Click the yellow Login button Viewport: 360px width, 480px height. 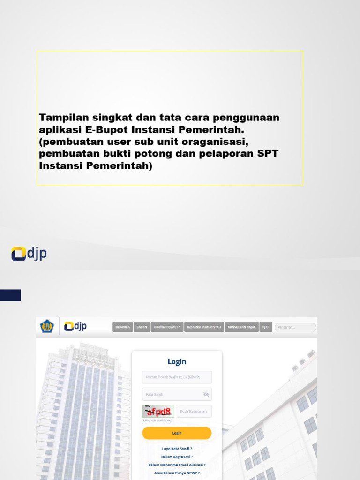click(177, 433)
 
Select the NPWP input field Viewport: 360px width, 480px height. click(177, 377)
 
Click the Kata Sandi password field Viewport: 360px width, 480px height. click(171, 394)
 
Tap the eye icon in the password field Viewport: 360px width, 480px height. click(206, 394)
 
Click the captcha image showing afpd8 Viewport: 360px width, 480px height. click(158, 412)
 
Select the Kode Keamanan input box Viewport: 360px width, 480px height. click(194, 412)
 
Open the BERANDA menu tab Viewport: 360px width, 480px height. click(122, 327)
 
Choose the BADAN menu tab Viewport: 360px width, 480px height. click(141, 327)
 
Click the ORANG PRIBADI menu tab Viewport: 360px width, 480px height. click(167, 327)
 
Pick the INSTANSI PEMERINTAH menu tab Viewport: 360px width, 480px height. click(204, 327)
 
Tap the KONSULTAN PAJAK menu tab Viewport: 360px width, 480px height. click(241, 327)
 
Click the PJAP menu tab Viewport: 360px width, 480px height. click(266, 327)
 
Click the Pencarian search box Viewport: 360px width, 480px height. click(295, 327)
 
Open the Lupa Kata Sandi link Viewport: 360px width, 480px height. click(177, 449)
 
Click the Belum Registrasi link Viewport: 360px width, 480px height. click(177, 457)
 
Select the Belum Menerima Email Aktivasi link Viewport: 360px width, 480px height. click(177, 465)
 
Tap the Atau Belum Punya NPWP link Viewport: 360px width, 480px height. click(177, 473)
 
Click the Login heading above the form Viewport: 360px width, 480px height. click(177, 362)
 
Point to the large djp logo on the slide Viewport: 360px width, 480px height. click(29, 254)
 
